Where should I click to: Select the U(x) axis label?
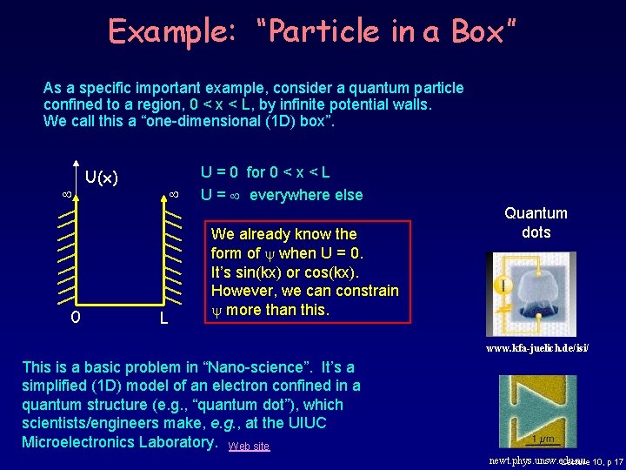click(102, 178)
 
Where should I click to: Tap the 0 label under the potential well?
click(75, 317)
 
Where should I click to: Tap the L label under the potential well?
click(163, 319)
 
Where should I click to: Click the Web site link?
click(249, 446)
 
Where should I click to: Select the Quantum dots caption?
click(536, 222)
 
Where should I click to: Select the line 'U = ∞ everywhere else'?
click(282, 194)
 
